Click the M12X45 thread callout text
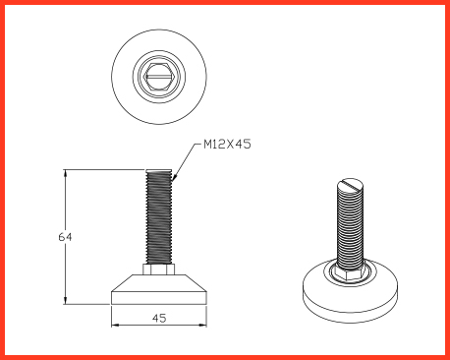click(227, 144)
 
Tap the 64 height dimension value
click(65, 237)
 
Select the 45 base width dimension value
click(159, 318)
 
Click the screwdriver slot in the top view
click(159, 77)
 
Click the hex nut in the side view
click(159, 270)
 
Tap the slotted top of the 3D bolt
click(350, 184)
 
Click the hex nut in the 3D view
click(350, 273)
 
